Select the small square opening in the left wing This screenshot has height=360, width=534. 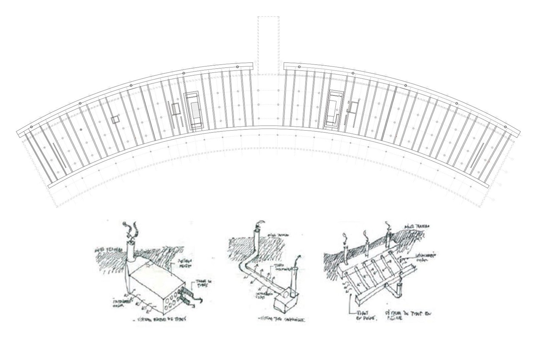[115, 120]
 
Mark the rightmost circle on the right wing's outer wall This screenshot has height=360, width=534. [505, 127]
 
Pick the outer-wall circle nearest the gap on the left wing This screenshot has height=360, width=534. [237, 67]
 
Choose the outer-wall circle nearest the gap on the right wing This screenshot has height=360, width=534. [299, 67]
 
